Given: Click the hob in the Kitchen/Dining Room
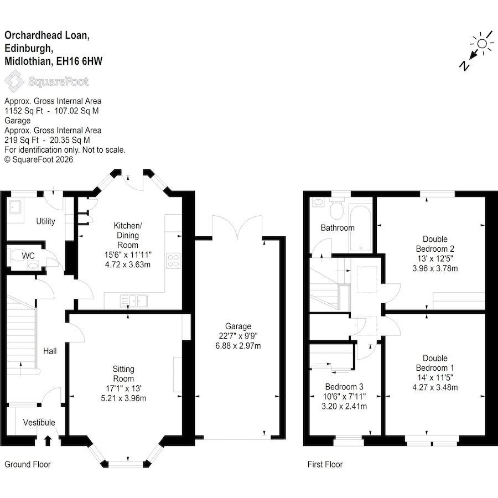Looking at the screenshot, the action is pos(173,261).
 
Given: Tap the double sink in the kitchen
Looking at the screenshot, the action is pos(134,301).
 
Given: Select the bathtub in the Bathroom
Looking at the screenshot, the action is pos(360,229).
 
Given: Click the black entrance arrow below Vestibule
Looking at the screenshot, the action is pos(48,441).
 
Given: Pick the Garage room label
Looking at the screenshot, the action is pos(238,326).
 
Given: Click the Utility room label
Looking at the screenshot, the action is pos(45,221).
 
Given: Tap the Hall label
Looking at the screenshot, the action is pos(50,351).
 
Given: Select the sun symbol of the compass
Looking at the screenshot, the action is pos(482,44).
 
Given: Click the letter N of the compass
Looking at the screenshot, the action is pos(464,65).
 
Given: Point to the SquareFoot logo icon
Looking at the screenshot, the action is pos(14,81).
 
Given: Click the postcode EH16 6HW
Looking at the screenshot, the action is pos(79,61).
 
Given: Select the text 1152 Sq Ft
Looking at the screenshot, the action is pos(23,111).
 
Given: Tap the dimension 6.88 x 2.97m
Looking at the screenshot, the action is pos(238,345).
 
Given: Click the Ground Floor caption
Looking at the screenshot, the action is pos(28,464).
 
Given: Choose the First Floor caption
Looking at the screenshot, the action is pos(325,464).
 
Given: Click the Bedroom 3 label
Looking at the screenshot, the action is pos(344,387).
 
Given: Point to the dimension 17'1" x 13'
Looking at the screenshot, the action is pos(123,388).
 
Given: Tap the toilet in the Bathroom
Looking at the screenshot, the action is pos(336,209).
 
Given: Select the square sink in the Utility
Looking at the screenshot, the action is pos(15,207).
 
